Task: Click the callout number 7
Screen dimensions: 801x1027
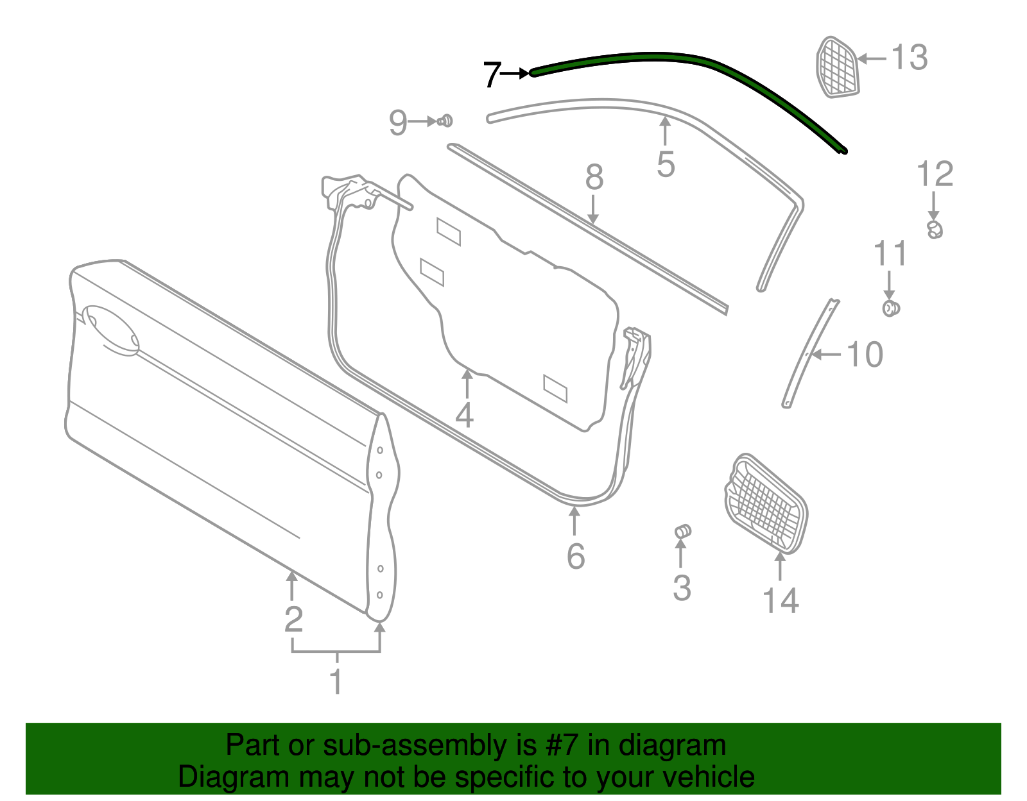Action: [492, 74]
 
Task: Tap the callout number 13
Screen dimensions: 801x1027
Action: [910, 58]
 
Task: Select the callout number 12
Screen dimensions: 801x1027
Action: [935, 174]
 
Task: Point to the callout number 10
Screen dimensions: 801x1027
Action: [865, 355]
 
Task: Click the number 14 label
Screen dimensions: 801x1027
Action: [781, 601]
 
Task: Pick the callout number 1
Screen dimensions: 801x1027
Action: [336, 681]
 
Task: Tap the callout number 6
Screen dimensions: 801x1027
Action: [576, 555]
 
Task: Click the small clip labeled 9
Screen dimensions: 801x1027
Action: [445, 121]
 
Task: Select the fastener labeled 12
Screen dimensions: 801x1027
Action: [935, 229]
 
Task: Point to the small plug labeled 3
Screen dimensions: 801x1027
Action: [683, 531]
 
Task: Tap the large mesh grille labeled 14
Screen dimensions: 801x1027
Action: [766, 504]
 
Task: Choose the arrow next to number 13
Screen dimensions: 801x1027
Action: [871, 58]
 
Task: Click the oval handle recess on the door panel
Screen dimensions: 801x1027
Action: [110, 330]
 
